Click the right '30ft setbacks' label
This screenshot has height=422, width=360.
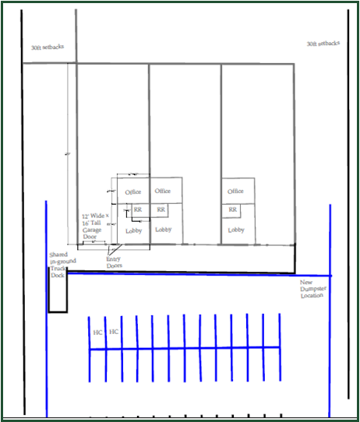(323, 44)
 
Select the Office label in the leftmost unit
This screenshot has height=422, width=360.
(133, 192)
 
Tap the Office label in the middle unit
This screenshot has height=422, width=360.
(163, 191)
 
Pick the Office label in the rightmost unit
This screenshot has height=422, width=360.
(234, 192)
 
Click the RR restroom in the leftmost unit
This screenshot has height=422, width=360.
(138, 210)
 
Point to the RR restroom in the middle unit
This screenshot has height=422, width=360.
(161, 210)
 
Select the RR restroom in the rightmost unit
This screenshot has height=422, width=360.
(232, 210)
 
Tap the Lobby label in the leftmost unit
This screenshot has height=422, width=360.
(134, 230)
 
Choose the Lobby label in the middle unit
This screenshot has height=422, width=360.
(163, 230)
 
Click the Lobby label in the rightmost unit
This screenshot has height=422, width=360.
(234, 230)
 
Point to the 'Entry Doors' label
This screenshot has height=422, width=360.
(115, 262)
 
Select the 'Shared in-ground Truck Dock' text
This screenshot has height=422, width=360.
(58, 265)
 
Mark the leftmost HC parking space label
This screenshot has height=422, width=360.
(97, 332)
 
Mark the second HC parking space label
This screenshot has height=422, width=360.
(114, 332)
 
